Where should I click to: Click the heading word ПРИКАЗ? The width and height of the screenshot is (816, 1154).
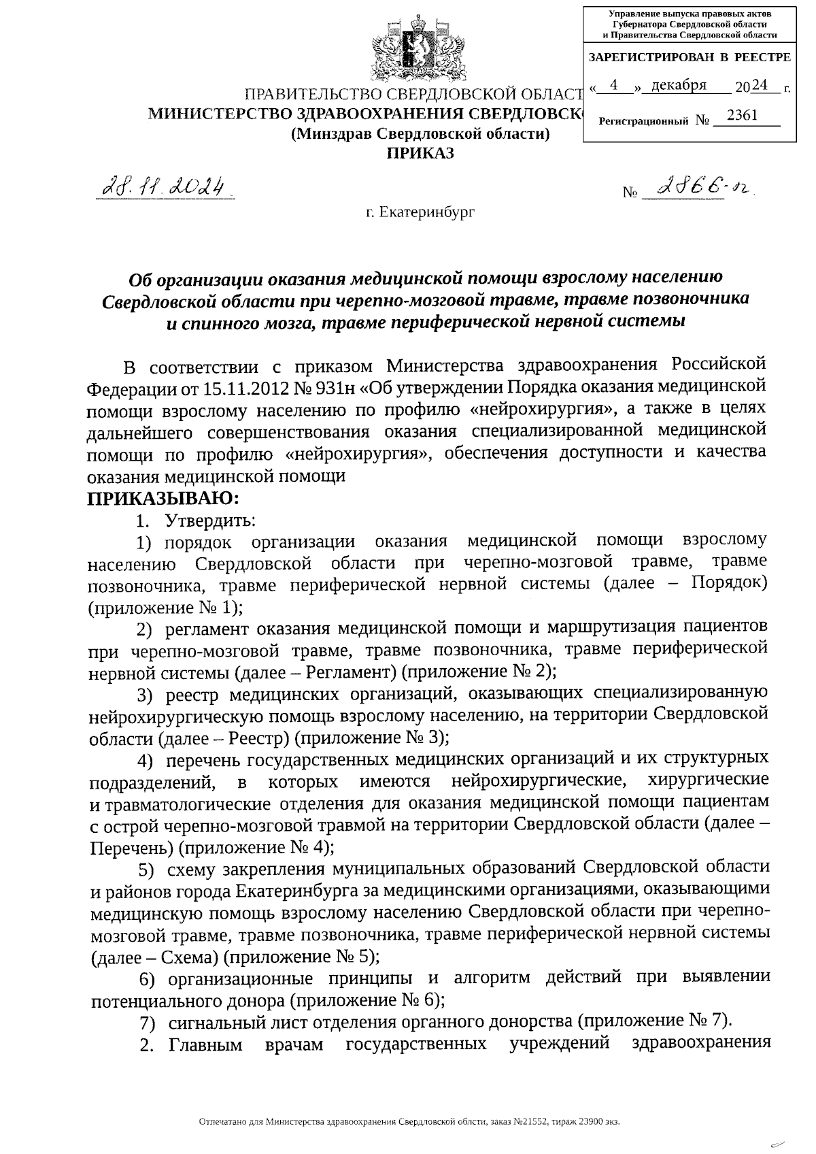click(420, 153)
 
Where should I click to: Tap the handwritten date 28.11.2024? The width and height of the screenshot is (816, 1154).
click(164, 186)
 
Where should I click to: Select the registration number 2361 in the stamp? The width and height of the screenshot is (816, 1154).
click(742, 116)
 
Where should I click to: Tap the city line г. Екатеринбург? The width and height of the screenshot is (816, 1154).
click(420, 212)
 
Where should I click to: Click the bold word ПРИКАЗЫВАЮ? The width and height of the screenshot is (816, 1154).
click(163, 499)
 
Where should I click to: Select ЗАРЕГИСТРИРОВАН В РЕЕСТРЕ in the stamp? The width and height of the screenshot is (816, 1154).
click(689, 57)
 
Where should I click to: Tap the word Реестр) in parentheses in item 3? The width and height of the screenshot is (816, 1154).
click(260, 738)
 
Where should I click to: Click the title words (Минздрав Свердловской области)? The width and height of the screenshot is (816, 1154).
click(420, 134)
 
